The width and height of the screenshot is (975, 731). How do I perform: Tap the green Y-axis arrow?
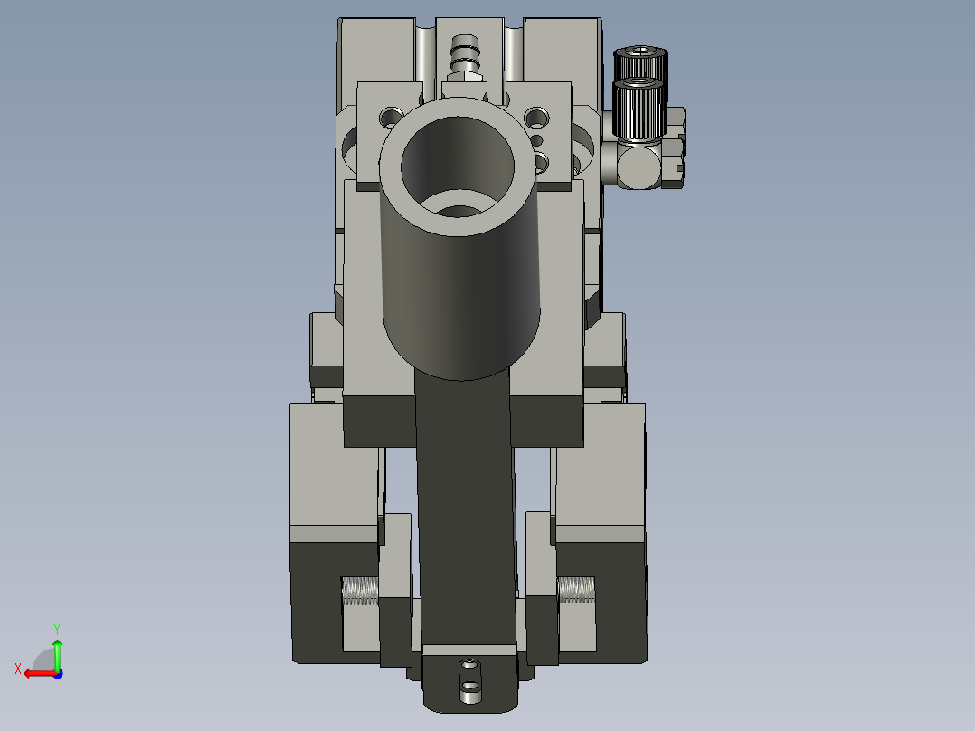tap(57, 653)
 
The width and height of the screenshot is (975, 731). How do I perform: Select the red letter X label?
tap(18, 669)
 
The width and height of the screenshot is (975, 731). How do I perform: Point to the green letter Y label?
tap(57, 627)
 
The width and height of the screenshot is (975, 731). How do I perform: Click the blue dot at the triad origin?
tap(58, 673)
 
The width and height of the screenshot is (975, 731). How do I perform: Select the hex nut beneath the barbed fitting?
tap(464, 87)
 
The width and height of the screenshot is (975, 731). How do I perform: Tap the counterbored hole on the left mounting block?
tap(390, 117)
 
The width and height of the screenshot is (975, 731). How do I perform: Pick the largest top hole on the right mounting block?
tap(537, 117)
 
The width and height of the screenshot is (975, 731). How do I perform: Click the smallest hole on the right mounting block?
tap(538, 140)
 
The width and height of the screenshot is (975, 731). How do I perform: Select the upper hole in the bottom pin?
tap(469, 669)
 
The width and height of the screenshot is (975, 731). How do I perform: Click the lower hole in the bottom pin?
tap(469, 697)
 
